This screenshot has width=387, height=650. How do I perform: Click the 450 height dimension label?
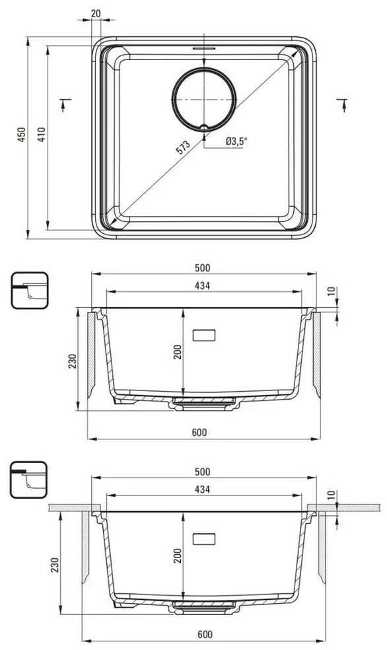(x=21, y=134)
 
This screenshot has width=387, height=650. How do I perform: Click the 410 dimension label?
(x=42, y=134)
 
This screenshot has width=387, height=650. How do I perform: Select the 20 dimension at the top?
(x=96, y=13)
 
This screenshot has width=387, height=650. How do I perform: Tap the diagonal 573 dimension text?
(x=183, y=147)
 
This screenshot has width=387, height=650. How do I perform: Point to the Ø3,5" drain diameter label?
(x=236, y=142)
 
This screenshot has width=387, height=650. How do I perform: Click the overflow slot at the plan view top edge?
(x=204, y=48)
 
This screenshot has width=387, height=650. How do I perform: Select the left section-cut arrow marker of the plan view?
(x=64, y=105)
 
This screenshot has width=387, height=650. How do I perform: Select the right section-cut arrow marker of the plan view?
(x=343, y=105)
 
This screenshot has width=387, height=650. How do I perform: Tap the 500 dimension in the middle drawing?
(x=203, y=268)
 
